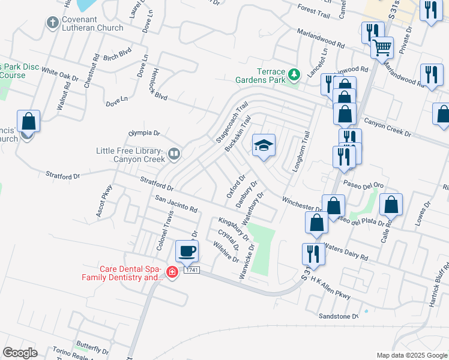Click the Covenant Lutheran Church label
[x=94, y=23]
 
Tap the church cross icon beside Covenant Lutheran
[x=53, y=23]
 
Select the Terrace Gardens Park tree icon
[x=294, y=75]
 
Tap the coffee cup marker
[x=187, y=251]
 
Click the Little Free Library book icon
[x=173, y=155]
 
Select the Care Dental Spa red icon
[x=172, y=273]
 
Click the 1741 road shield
[x=191, y=271]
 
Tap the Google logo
[x=20, y=353]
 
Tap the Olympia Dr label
[x=144, y=133]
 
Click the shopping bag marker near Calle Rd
[x=391, y=205]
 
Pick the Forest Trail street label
[x=314, y=10]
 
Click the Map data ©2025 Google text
[x=411, y=355]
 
